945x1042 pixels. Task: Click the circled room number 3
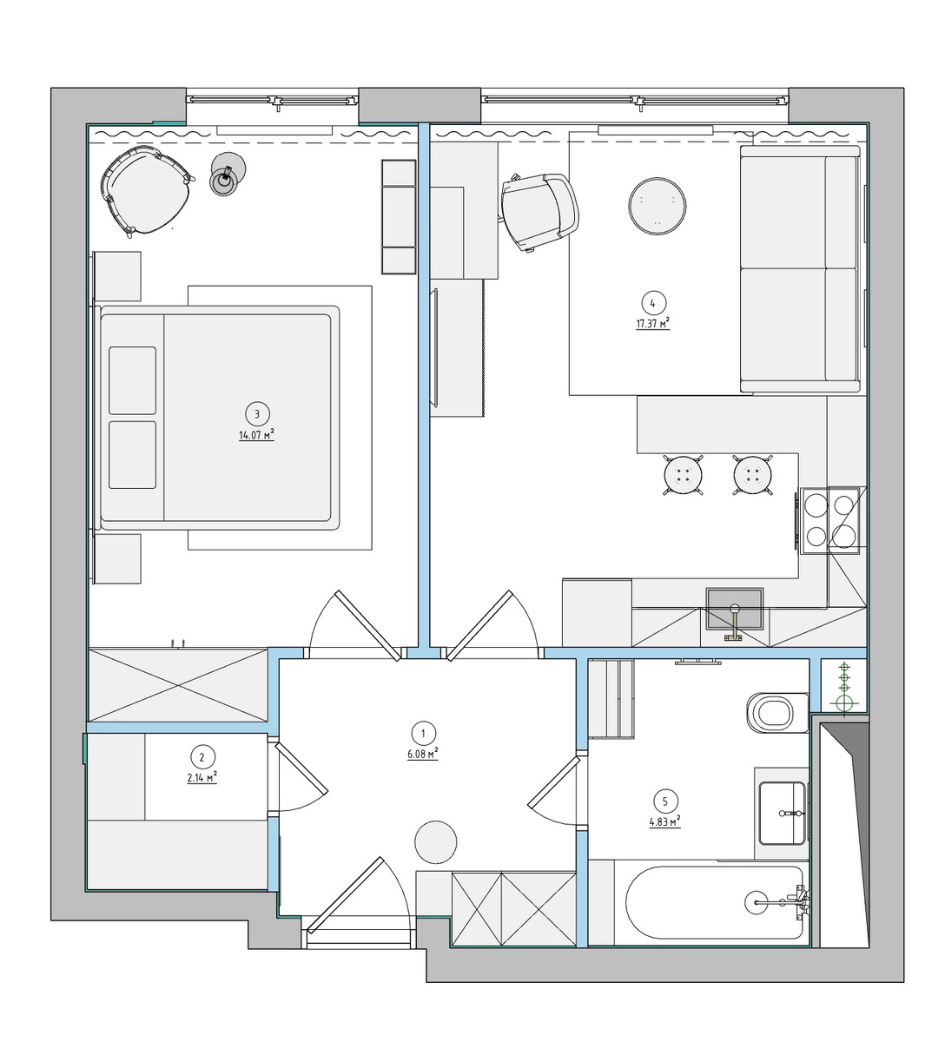point(256,414)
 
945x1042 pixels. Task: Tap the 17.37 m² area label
point(652,324)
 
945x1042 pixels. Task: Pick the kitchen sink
point(734,610)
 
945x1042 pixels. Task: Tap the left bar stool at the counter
point(683,475)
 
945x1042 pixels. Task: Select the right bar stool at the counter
point(752,475)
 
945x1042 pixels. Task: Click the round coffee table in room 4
point(657,205)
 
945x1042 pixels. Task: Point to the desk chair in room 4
point(540,212)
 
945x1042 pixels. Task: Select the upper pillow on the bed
point(132,380)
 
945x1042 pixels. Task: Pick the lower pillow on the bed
point(132,454)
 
